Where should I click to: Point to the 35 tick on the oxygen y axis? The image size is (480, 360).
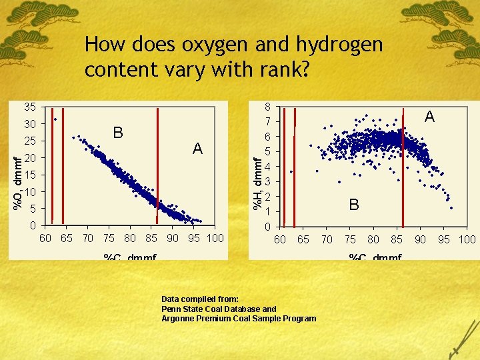coord(29,107)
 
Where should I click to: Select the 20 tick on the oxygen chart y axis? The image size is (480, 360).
coord(29,158)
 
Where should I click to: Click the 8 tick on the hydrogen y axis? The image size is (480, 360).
coord(267,107)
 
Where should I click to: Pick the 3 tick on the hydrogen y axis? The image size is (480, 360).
coord(267,181)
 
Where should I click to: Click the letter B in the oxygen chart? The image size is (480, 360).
coord(118,133)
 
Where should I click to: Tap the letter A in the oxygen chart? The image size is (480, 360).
coord(197,149)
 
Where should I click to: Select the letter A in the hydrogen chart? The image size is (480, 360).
coord(430,117)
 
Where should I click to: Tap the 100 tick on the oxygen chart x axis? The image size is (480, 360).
coord(215,238)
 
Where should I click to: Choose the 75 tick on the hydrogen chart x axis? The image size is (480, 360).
coord(350,239)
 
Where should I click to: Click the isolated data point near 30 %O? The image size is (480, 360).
coord(55,119)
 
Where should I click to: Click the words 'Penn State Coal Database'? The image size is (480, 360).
coord(213,309)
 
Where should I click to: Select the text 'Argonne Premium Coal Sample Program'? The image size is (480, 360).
coord(239,318)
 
